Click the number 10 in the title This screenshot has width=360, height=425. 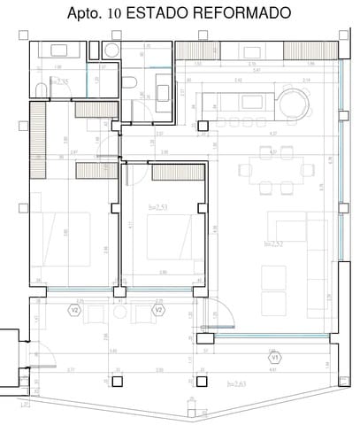pos(123,14)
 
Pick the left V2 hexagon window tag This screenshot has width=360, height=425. pos(75,312)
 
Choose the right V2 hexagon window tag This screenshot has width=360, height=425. pos(159,312)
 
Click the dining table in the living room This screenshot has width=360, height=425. pos(276,167)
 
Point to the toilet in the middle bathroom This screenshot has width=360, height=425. pos(129,84)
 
